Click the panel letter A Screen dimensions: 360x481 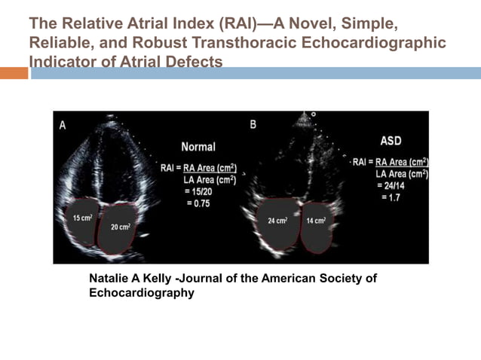coord(63,127)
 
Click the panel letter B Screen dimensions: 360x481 coord(253,124)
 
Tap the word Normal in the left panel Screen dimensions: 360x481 coord(198,147)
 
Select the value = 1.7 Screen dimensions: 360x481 coord(390,197)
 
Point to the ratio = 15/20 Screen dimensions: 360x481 coord(200,193)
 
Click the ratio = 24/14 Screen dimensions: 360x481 coord(392,186)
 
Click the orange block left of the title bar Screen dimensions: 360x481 coord(14,73)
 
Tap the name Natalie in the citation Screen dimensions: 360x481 coord(110,278)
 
